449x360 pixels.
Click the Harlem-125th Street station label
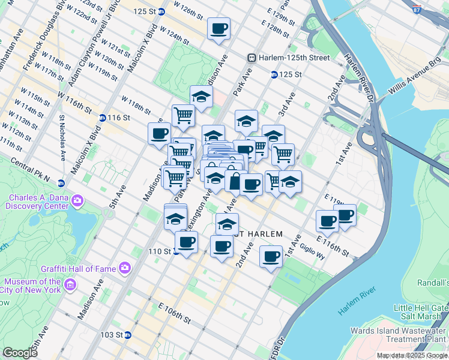[294, 58]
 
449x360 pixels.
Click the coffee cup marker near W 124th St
[218, 28]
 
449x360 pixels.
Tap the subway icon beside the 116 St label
[103, 118]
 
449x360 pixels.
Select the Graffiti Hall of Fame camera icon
[124, 268]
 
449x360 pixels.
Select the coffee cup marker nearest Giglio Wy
[271, 257]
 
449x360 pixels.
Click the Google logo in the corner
[20, 353]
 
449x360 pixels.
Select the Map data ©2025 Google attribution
[412, 355]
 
